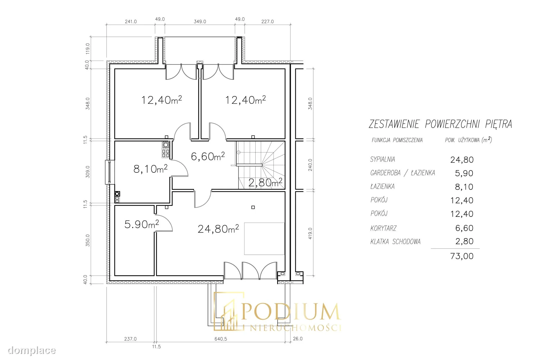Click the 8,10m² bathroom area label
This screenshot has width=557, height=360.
(150, 169)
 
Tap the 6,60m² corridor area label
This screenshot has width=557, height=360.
(208, 156)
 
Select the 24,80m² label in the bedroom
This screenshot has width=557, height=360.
(218, 229)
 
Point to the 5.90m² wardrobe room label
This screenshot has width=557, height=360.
(142, 224)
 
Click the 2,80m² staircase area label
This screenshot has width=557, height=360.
(265, 182)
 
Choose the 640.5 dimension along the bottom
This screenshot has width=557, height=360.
(221, 339)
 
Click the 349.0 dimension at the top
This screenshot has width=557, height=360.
(200, 21)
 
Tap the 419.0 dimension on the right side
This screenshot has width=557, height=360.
(310, 233)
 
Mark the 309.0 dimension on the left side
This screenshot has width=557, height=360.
(88, 172)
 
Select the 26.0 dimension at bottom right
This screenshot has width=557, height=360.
(298, 339)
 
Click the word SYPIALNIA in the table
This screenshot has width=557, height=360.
(382, 159)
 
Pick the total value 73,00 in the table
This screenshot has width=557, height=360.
(462, 256)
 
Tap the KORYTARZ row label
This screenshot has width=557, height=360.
(383, 228)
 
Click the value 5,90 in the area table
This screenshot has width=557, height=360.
(464, 173)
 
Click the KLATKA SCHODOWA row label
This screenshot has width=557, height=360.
(395, 242)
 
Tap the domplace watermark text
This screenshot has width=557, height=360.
(32, 350)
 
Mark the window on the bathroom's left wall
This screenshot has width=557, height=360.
(110, 172)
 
